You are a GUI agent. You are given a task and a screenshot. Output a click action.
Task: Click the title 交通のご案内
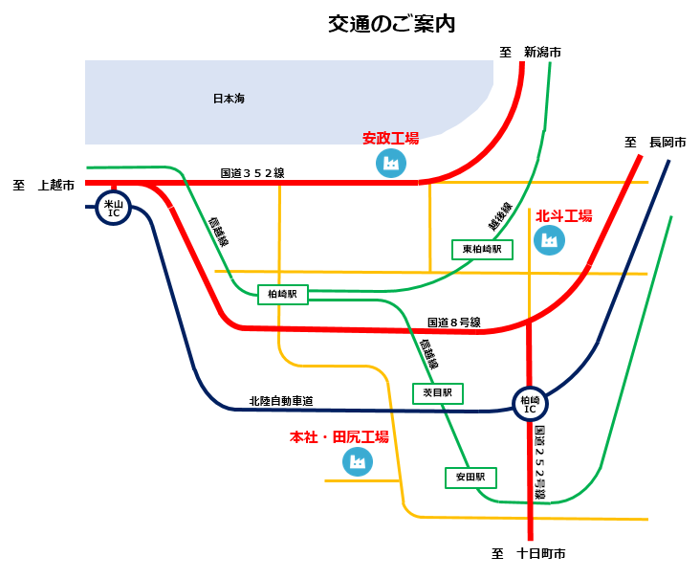point(391,25)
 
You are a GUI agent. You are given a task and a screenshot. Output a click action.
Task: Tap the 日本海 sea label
point(229,99)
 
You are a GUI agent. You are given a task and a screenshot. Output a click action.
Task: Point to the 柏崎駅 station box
point(283,296)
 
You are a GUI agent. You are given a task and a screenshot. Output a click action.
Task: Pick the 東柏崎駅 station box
point(482,249)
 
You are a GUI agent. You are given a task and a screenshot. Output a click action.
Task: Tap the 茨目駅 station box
point(438,392)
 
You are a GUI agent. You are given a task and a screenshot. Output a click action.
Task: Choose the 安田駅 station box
point(470,477)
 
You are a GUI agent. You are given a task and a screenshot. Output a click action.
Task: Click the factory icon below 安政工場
point(390,164)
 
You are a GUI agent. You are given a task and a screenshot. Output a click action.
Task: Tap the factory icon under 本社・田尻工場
point(357,462)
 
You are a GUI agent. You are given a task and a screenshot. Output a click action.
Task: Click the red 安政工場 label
point(390,140)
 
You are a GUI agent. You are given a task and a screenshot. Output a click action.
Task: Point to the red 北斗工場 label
point(563,216)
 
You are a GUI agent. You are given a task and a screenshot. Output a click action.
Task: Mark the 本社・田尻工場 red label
point(339,437)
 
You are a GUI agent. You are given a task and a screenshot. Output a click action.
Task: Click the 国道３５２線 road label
point(252,173)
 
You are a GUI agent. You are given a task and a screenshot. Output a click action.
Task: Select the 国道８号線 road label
point(453,323)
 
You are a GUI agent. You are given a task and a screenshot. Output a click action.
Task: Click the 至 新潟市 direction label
point(530,52)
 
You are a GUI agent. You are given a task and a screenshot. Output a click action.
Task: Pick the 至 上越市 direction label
point(43,185)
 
